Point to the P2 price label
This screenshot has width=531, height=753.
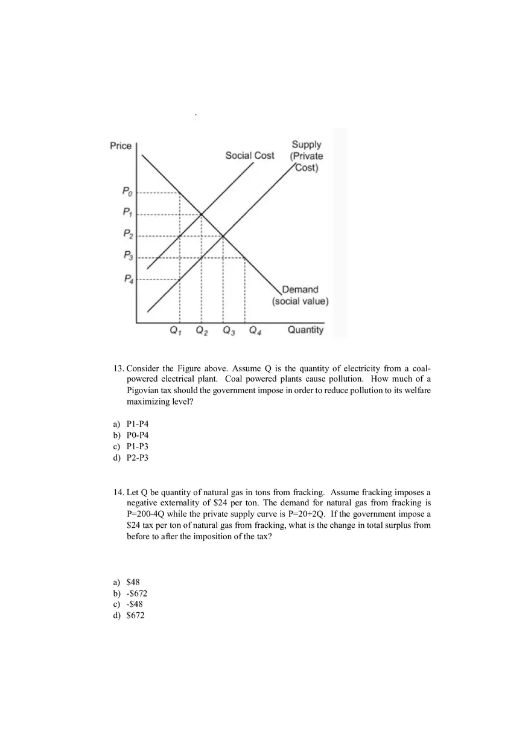click(127, 233)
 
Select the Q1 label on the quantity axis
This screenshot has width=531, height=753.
click(176, 330)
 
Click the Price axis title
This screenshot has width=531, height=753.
click(121, 146)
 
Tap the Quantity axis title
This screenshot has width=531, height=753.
click(305, 330)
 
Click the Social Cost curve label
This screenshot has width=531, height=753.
click(249, 155)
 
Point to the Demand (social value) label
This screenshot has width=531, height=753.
click(300, 295)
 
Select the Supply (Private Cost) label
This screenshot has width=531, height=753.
click(307, 156)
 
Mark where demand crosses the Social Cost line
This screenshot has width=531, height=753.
click(201, 214)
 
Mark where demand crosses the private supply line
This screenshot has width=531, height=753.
click(223, 236)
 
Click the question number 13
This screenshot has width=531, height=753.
click(119, 368)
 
